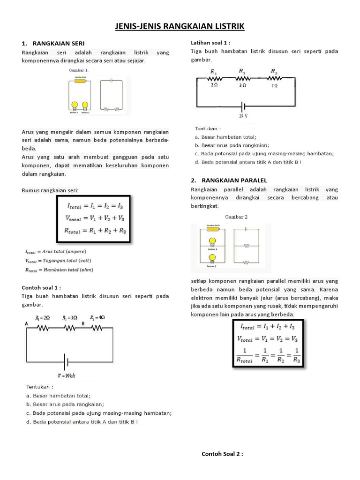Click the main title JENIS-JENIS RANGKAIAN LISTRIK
click(x=180, y=27)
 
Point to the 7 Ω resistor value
click(x=274, y=86)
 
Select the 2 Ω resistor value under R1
click(x=214, y=86)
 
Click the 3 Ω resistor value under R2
click(x=243, y=86)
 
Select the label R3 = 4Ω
click(x=97, y=317)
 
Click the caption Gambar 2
click(x=236, y=217)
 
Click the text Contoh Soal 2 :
click(x=222, y=454)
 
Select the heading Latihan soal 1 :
click(x=210, y=43)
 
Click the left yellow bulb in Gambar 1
click(x=74, y=105)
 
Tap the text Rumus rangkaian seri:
click(x=51, y=190)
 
